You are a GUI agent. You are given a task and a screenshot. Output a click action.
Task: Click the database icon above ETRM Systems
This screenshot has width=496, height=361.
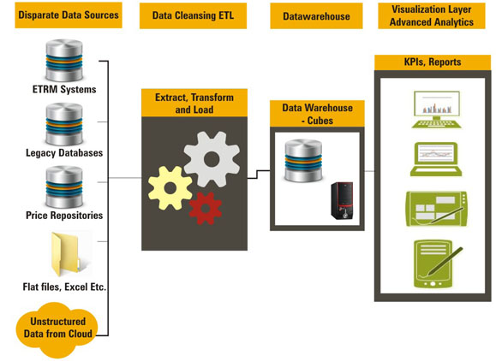point(64,61)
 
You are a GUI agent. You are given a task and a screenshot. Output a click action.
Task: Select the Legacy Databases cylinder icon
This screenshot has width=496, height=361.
point(64,124)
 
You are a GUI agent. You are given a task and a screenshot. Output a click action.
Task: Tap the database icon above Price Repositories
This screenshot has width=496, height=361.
point(64,186)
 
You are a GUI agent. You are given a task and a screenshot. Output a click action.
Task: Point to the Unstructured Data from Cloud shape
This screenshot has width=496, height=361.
point(57,329)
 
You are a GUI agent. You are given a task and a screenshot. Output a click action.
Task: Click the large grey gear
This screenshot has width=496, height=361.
point(212,159)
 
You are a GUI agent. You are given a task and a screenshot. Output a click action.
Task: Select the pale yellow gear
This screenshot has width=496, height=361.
point(170,188)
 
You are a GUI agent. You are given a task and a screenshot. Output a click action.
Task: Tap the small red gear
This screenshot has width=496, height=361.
point(206,208)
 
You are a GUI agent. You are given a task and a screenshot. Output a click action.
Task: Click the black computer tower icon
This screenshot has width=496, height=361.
point(342,200)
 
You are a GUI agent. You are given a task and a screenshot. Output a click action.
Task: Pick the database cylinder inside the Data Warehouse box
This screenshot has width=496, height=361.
point(303,161)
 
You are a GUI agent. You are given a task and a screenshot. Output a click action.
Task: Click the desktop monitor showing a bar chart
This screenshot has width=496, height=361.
point(437,109)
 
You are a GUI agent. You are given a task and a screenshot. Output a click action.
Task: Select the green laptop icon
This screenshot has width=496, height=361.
point(436,159)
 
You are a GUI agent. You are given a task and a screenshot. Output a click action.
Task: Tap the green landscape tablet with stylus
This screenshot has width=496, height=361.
point(437,209)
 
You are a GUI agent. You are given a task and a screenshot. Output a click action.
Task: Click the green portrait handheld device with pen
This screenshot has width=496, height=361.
point(437,264)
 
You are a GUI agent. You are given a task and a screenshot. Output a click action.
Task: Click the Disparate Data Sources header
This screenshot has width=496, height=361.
point(69,15)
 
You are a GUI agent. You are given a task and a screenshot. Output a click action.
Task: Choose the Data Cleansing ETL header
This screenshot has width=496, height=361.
point(193,15)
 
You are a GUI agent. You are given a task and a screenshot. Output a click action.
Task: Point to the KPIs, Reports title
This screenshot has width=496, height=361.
point(433,62)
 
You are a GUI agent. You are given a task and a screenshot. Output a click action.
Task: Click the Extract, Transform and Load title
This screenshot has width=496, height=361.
point(194,103)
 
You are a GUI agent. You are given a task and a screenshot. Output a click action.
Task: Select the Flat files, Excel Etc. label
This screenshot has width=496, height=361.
point(64,287)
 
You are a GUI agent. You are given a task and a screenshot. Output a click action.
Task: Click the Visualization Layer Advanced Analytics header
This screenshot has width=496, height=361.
point(432,15)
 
